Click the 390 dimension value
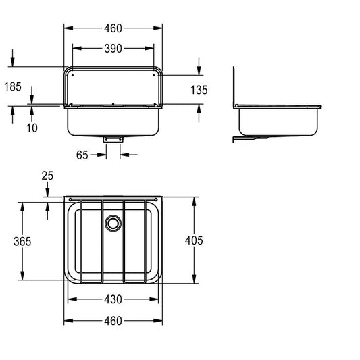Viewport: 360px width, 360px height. [113, 49]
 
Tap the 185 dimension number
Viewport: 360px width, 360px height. [13, 86]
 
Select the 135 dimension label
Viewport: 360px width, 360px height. [199, 90]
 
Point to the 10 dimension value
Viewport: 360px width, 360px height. [32, 128]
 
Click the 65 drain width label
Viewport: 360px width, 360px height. [82, 155]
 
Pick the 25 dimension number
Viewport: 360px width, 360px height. [47, 176]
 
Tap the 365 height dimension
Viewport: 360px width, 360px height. [22, 242]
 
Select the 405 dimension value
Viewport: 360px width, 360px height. [194, 240]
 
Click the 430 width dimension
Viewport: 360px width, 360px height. [113, 299]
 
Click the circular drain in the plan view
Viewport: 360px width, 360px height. [113, 223]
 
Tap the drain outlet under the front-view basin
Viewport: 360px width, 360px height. [113, 139]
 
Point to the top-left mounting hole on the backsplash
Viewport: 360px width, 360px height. [72, 75]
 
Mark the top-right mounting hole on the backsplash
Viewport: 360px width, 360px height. [153, 75]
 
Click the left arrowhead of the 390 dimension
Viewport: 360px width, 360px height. [77, 48]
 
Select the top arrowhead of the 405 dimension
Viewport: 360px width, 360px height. [195, 201]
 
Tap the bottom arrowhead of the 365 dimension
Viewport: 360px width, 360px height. [22, 276]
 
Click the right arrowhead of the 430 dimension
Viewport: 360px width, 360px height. [154, 299]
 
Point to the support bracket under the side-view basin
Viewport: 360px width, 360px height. [251, 138]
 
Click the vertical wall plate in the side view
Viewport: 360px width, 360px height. [234, 87]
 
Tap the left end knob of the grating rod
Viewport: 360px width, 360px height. [70, 199]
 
